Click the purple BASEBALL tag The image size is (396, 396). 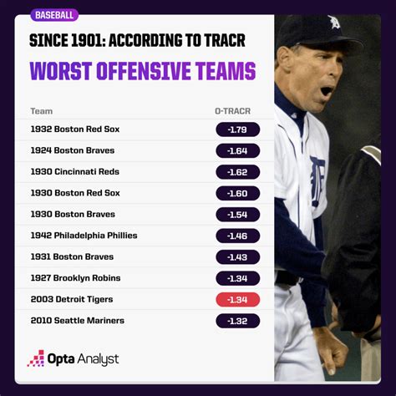(54, 15)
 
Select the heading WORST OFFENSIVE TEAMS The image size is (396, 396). (143, 71)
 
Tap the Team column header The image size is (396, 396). (42, 111)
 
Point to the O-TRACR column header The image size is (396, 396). (233, 111)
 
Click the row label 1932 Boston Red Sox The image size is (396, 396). (75, 129)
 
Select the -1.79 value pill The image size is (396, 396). (237, 129)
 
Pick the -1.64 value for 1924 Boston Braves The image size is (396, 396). (237, 150)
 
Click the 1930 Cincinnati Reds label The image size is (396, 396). (75, 171)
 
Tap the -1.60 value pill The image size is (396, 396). (237, 193)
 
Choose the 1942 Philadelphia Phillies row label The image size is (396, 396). (84, 236)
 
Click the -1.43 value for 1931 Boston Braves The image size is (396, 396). (237, 257)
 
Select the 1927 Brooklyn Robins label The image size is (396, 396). (75, 278)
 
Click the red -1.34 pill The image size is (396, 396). (237, 300)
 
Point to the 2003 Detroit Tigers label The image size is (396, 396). (72, 299)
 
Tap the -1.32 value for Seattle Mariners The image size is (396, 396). (237, 321)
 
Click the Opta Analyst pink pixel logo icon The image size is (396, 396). (36, 358)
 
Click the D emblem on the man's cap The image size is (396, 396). (334, 22)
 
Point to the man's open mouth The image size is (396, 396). (327, 91)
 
